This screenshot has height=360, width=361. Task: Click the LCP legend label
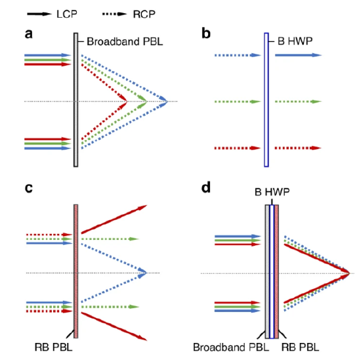click(x=67, y=14)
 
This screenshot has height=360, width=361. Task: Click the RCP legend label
click(x=144, y=14)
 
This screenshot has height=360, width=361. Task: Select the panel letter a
click(x=28, y=34)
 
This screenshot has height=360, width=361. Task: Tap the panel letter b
click(x=206, y=33)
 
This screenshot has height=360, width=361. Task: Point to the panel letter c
click(x=28, y=188)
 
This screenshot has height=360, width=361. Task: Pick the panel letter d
click(x=206, y=187)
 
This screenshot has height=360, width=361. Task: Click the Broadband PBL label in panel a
click(x=125, y=42)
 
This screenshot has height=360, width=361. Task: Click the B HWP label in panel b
click(x=295, y=41)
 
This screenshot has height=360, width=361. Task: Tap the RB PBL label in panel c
click(x=53, y=347)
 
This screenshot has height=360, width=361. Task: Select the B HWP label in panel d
click(x=272, y=192)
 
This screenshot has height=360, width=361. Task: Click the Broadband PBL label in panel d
click(x=231, y=347)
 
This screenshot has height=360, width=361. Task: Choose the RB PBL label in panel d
click(x=300, y=347)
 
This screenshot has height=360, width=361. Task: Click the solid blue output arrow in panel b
click(x=299, y=55)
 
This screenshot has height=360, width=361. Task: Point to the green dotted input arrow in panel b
click(x=238, y=102)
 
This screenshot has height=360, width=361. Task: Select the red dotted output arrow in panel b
click(x=298, y=148)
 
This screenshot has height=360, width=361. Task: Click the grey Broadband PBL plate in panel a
click(x=75, y=100)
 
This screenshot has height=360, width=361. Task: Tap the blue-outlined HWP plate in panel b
click(x=266, y=100)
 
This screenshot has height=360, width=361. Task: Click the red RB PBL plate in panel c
click(x=76, y=271)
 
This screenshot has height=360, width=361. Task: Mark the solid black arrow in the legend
click(x=39, y=14)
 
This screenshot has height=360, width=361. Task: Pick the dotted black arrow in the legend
click(x=114, y=14)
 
